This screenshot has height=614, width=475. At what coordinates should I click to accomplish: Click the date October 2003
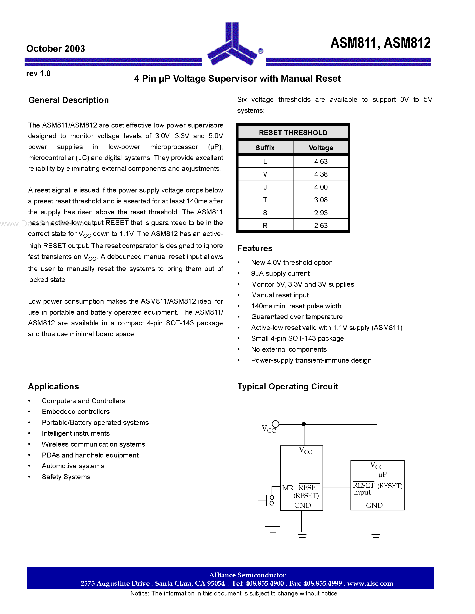pos(55,49)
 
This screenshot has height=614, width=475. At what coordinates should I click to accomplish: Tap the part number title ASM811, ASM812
pos(380,43)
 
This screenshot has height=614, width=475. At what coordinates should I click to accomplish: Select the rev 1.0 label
pos(38,73)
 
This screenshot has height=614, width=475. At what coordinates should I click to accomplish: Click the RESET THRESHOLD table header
pos(293,133)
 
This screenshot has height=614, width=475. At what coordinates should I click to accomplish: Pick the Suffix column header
pos(265,148)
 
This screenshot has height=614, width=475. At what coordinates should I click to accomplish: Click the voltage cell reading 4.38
pos(321,174)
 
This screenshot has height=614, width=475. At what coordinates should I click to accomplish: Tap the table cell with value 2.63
pos(321,226)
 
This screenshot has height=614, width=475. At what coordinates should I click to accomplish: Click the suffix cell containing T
pos(265,200)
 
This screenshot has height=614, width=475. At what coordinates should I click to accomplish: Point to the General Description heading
pos(68,100)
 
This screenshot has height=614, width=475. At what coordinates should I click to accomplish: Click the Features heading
pos(255,248)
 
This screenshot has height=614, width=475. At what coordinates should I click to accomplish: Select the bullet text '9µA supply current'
pos(280,273)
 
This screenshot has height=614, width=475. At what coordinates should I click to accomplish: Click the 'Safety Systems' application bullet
pos(66,477)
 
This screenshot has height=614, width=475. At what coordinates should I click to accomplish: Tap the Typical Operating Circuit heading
pos(288,386)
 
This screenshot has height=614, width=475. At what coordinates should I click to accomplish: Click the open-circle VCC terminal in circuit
pos(275,424)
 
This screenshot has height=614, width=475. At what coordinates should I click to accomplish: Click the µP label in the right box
pos(382,474)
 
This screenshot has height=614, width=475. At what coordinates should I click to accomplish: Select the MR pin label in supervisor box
pos(288,488)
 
